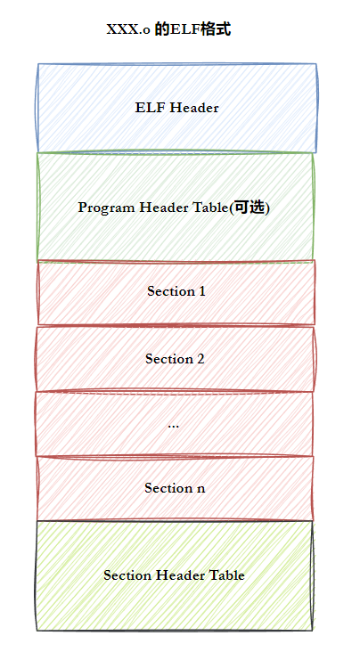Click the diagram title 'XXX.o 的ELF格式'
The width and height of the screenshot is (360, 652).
[x=168, y=30]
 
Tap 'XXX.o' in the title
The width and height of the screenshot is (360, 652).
[x=128, y=30]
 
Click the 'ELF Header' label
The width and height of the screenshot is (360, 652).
[x=176, y=108]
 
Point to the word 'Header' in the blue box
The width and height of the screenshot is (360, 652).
[x=194, y=108]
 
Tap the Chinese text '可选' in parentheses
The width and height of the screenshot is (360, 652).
[x=248, y=207]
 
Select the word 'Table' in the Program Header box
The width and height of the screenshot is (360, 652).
[x=211, y=207]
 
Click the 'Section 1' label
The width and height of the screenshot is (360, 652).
[x=176, y=291]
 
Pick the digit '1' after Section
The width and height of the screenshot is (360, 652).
[x=202, y=291]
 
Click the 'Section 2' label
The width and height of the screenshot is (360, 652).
[x=175, y=359]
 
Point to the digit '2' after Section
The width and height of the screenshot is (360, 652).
[x=200, y=359]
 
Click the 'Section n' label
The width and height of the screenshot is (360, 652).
[x=175, y=488]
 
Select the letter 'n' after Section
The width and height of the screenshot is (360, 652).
[x=201, y=489]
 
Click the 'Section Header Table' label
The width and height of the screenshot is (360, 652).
[x=174, y=575]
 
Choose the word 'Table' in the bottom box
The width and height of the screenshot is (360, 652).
[x=227, y=575]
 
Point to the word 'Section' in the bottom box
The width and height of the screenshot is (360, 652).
[x=127, y=575]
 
